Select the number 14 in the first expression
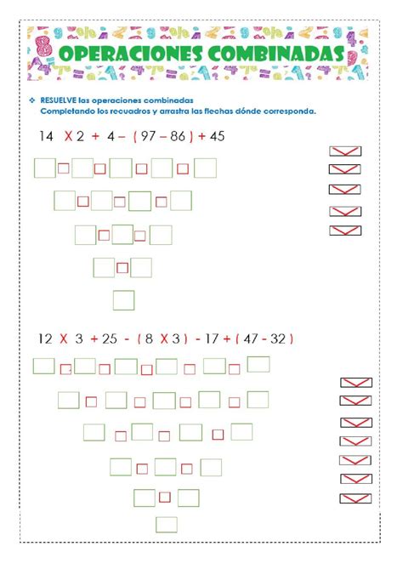coord(46,136)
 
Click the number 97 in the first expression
coord(147,136)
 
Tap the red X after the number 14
coord(68,136)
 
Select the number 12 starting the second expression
coord(45,339)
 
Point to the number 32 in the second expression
coord(278,339)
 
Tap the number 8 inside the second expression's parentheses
coord(150,339)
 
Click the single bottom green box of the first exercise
coord(124,300)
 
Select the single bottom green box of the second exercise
coord(167,524)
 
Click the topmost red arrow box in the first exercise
coord(344,151)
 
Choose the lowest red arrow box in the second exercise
coord(355,498)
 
